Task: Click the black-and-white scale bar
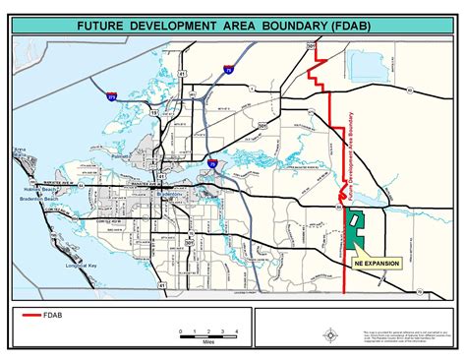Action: click(203, 335)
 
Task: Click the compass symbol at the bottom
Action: click(331, 334)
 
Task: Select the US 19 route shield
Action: click(153, 114)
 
